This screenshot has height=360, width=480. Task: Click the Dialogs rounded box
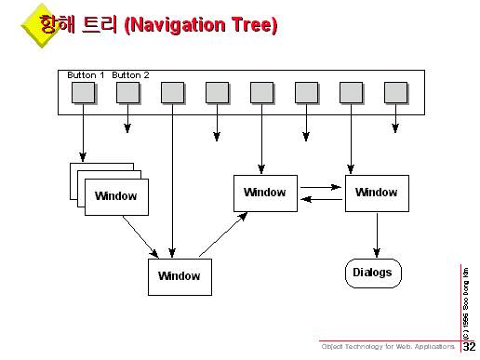point(373,273)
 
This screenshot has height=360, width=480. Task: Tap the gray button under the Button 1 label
point(83,92)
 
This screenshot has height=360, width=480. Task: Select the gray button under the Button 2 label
point(127,92)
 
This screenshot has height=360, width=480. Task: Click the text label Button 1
point(86,75)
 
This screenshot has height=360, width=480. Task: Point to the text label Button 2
point(130,75)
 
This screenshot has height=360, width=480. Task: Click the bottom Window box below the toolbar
point(180,277)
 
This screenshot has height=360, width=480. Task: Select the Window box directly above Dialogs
point(377,193)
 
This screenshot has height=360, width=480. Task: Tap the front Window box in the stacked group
point(116,197)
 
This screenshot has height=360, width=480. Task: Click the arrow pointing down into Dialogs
point(377,235)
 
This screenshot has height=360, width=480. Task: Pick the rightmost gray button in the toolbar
point(395,92)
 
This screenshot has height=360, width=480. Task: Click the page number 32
point(469,346)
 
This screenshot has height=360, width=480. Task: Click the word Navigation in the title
point(175,25)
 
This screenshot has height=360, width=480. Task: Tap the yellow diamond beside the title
point(41,25)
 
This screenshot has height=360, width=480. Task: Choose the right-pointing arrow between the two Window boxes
point(321,187)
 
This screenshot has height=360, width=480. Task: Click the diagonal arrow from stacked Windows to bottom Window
point(140,236)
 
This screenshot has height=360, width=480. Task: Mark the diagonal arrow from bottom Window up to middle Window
point(223,234)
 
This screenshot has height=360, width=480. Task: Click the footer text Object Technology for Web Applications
point(388,346)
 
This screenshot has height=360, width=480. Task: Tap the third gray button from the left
point(172,92)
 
